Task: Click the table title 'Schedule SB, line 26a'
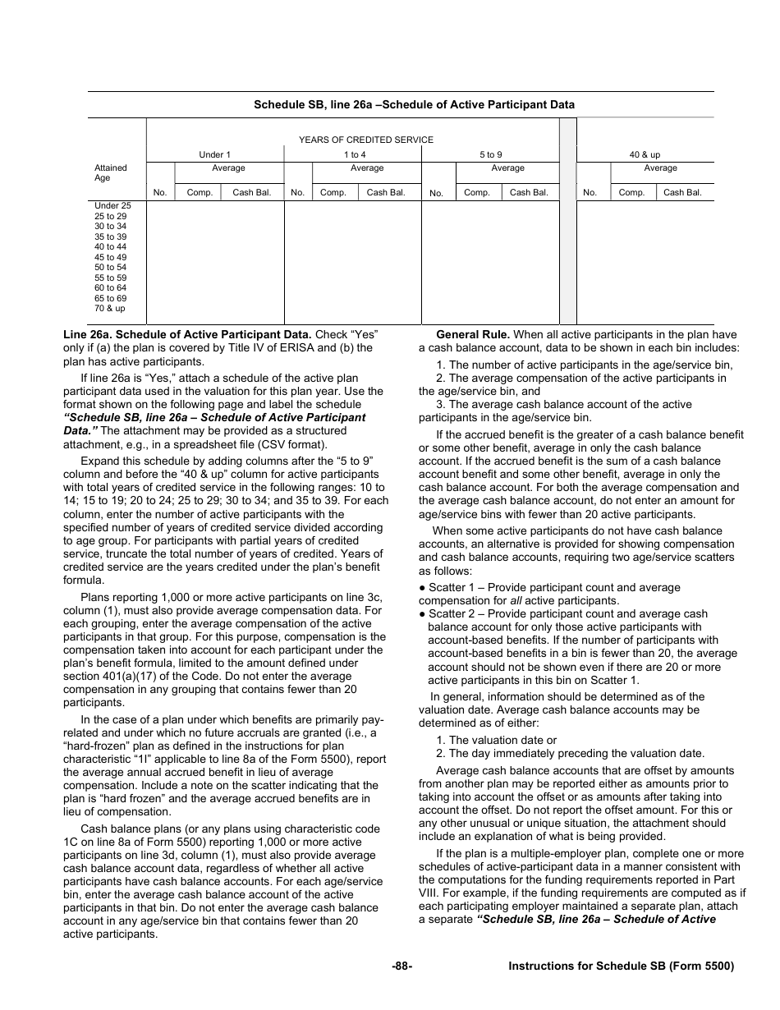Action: (414, 104)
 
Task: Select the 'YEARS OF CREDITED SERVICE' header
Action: (365, 140)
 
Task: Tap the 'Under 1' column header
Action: (215, 154)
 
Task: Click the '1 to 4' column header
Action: (355, 154)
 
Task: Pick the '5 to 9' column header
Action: (491, 154)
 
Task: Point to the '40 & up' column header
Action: (645, 154)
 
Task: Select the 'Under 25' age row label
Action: (112, 206)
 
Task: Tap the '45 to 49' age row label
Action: (111, 257)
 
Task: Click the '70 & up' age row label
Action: (110, 309)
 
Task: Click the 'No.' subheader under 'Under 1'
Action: (160, 193)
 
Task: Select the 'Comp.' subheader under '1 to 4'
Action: (333, 193)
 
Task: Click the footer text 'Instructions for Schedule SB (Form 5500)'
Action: (621, 966)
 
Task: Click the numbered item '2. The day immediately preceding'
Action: (570, 753)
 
